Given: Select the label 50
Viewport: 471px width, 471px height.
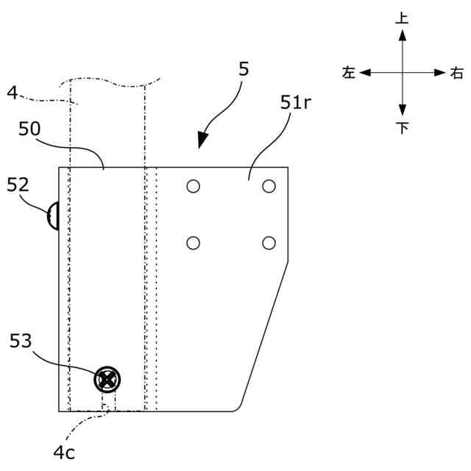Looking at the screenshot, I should pyautogui.click(x=29, y=129).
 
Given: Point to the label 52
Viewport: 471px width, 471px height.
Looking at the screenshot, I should pyautogui.click(x=18, y=185).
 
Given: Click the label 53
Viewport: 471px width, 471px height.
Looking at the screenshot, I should pyautogui.click(x=21, y=341).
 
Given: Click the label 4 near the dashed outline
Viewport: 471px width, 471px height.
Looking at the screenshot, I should pyautogui.click(x=12, y=92).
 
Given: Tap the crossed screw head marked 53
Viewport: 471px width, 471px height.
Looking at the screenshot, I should pyautogui.click(x=107, y=380).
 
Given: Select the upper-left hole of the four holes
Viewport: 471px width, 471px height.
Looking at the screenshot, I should pyautogui.click(x=193, y=186).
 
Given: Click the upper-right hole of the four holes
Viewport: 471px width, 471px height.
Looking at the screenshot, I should pyautogui.click(x=269, y=186).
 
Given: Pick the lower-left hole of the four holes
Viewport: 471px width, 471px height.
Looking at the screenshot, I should pyautogui.click(x=193, y=243).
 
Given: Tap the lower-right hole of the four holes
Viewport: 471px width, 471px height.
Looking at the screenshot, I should pyautogui.click(x=269, y=243).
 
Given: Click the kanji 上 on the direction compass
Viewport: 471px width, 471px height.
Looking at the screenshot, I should pyautogui.click(x=402, y=18).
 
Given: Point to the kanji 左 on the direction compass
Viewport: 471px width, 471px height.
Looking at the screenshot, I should pyautogui.click(x=348, y=73).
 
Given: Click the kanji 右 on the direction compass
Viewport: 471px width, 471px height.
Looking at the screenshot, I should pyautogui.click(x=457, y=73).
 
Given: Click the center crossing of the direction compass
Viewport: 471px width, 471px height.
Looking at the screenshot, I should pyautogui.click(x=402, y=73).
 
